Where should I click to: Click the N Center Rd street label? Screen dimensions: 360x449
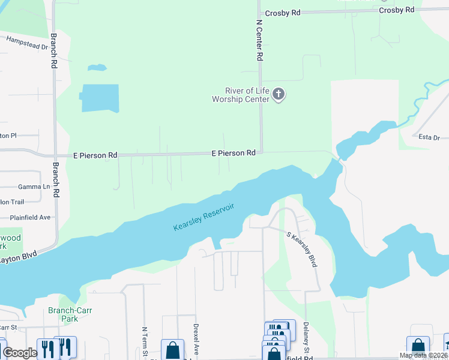[x=260, y=40]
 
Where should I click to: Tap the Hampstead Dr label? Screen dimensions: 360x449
[x=27, y=43]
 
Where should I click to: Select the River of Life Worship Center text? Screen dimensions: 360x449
[x=240, y=95]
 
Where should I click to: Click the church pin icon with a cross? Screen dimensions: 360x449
[x=278, y=94]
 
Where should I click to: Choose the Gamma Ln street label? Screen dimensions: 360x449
[x=34, y=187]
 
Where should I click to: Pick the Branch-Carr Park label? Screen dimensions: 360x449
[x=63, y=315]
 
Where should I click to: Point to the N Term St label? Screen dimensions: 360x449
[x=144, y=343]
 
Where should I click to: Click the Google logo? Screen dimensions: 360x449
[x=19, y=353]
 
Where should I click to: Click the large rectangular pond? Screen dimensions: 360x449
[x=100, y=98]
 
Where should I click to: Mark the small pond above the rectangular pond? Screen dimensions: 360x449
[x=97, y=68]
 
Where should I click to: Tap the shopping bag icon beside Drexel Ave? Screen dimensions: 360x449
[x=172, y=349]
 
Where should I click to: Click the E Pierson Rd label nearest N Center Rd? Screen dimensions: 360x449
[x=234, y=154]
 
